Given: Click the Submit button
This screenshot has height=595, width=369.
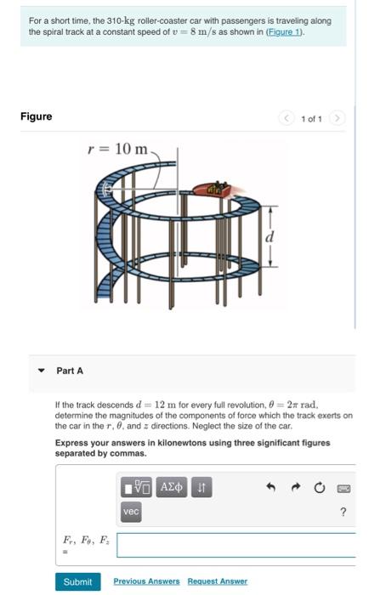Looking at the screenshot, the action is pos(78,581).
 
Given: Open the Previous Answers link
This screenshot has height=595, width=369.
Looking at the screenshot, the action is pos(146,581).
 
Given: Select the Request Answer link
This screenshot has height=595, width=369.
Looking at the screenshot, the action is pos(217,581).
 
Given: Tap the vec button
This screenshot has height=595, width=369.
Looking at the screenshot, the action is pos(131,512).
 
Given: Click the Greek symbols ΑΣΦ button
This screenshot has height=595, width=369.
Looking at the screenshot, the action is pos(172,487).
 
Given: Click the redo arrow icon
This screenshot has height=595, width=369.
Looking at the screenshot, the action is pos(296,487).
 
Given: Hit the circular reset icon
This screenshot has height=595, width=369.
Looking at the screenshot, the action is pos(320,487).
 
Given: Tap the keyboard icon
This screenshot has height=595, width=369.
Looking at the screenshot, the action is pos(343,489).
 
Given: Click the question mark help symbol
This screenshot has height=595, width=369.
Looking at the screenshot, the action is pos(343,512).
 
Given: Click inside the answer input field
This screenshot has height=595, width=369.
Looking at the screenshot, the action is pos(236,546).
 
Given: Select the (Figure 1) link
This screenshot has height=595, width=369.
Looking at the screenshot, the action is pos(285,32).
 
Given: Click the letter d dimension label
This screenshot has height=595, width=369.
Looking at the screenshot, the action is pos(270,236).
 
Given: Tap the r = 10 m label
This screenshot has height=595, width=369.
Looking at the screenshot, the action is pos(117,149).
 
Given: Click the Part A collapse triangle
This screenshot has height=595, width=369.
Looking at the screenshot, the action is pos(42,371).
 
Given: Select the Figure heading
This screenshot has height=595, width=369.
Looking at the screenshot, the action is pos(36,116).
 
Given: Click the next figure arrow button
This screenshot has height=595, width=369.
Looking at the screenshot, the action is pos(337,118).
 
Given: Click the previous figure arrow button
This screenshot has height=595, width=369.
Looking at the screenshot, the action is pos(287,118).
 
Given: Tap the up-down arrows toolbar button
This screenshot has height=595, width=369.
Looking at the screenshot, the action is pos(202,487).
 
